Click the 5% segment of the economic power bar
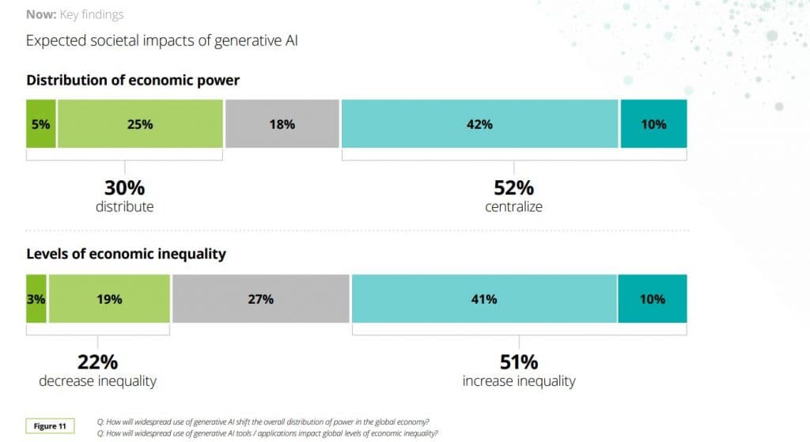(40, 124)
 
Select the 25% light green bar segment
(140, 124)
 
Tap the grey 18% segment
(282, 124)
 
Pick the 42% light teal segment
(479, 124)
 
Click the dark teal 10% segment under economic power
(653, 124)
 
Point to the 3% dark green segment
(36, 299)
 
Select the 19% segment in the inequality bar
(109, 299)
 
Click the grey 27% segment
(260, 299)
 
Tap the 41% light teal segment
(484, 299)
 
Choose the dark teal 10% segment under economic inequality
(653, 299)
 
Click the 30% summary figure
(125, 188)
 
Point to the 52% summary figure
(514, 188)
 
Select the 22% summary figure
(97, 362)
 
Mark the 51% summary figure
(519, 362)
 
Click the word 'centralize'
(514, 207)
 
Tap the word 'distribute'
(125, 207)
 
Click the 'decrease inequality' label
(97, 381)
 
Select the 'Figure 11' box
(51, 426)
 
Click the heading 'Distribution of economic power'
(133, 80)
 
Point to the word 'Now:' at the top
(41, 14)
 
